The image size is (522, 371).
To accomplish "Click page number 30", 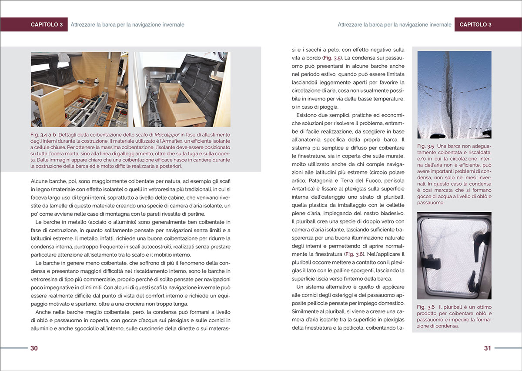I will [34, 348].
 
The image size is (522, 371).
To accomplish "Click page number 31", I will [487, 348].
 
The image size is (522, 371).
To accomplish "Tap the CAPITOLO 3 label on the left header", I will [47, 25].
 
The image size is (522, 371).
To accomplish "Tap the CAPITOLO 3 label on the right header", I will [475, 25].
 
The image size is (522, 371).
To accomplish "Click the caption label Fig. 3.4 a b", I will [43, 135].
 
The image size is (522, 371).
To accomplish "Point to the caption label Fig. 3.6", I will [426, 307].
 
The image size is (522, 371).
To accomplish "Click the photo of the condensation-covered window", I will [454, 95].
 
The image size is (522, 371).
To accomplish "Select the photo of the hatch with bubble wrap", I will [454, 256].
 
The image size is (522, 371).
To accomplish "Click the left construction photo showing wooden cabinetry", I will [79, 89].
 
